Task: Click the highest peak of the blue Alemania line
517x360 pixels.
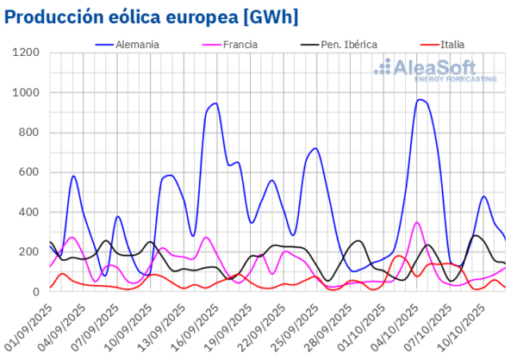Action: (420, 100)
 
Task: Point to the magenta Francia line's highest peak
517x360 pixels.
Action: (417, 222)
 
